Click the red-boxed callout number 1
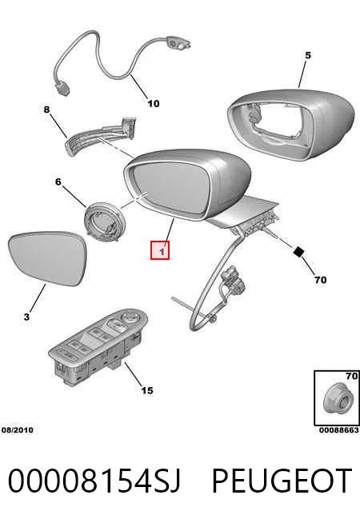(x=162, y=251)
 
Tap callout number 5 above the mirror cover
(x=308, y=55)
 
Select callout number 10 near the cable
(x=154, y=104)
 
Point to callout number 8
(x=46, y=110)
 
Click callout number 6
(x=58, y=182)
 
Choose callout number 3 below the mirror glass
(x=26, y=317)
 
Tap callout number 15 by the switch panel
(x=147, y=390)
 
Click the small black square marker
(x=298, y=251)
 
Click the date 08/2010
(x=18, y=430)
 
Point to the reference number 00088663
(x=338, y=430)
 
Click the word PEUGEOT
(x=282, y=481)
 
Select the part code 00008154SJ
(x=94, y=481)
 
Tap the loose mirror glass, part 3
(x=47, y=258)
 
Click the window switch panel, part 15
(x=98, y=347)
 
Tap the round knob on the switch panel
(x=128, y=317)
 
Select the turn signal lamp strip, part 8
(x=100, y=137)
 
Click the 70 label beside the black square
(x=320, y=280)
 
